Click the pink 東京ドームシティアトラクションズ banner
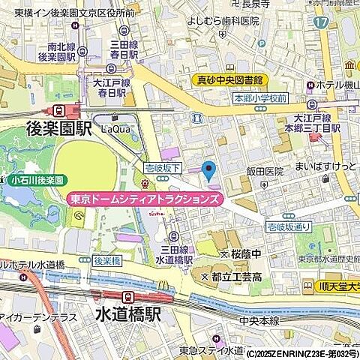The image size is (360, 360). pos(145,199)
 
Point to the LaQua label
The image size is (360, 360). pos(116,129)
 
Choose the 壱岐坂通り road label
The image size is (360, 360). pos(289,225)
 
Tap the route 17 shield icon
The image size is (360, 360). pos(321,22)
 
